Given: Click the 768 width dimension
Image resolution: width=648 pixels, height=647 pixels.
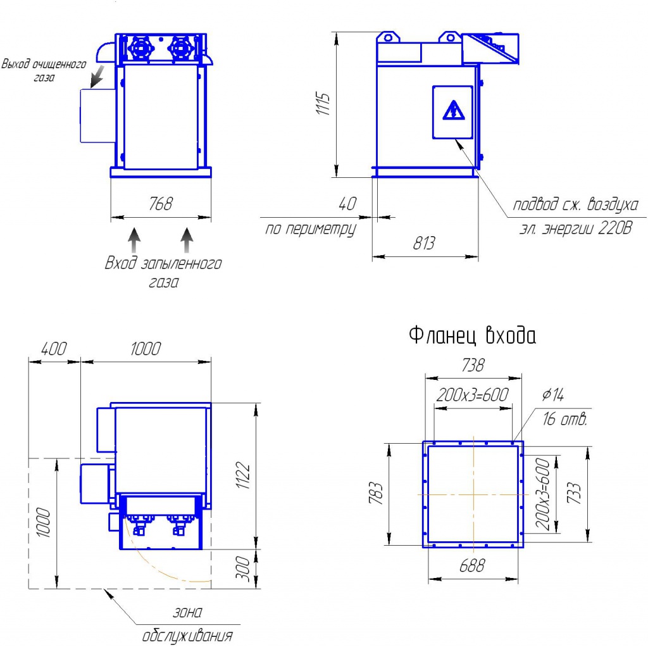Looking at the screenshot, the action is (160, 203).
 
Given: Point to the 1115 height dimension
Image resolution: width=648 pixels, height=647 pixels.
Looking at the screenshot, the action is (323, 104).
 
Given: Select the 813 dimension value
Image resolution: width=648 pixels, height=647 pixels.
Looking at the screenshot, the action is (424, 243).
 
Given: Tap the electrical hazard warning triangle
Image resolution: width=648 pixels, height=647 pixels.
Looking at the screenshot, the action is (454, 110).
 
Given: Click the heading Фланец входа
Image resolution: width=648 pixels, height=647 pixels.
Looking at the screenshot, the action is (472, 335).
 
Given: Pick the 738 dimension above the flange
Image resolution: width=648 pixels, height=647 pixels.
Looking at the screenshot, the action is (473, 365).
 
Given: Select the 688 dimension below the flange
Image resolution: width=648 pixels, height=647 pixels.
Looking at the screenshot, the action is (472, 565).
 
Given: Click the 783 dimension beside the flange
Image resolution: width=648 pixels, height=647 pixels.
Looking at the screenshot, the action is (376, 493).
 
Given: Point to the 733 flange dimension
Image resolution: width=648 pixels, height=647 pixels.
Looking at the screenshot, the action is (574, 493).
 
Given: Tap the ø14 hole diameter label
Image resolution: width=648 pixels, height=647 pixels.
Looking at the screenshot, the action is (553, 395).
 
